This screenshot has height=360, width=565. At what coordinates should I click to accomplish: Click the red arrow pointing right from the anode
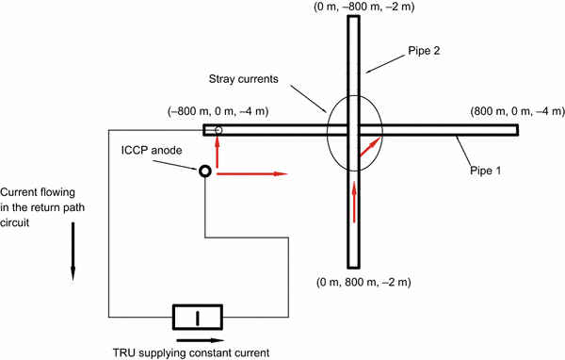(x=250, y=173)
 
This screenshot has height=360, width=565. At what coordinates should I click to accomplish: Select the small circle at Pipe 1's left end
(x=218, y=130)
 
